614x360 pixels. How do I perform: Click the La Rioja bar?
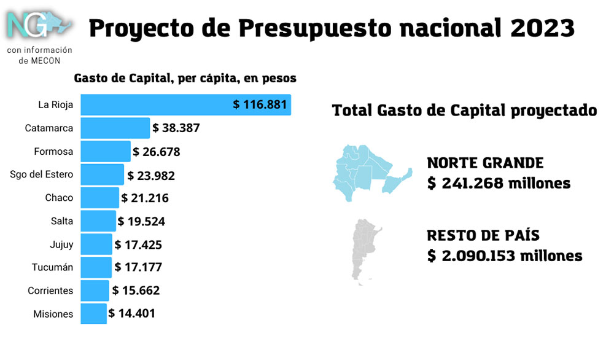(153, 104)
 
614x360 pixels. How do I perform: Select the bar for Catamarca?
(115, 128)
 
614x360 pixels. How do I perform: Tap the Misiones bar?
(94, 313)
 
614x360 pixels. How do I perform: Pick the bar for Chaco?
(99, 198)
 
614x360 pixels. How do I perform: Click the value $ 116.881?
(260, 104)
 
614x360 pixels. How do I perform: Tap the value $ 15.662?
(136, 291)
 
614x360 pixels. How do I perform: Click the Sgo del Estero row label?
(42, 174)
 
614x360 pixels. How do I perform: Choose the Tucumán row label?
(52, 267)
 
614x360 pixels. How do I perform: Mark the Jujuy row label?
(61, 245)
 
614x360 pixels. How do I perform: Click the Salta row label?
(62, 221)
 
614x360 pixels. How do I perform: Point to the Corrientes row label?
(50, 291)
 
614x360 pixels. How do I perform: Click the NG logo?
(37, 25)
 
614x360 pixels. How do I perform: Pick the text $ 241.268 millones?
(499, 183)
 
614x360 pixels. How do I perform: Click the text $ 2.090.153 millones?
(505, 256)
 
